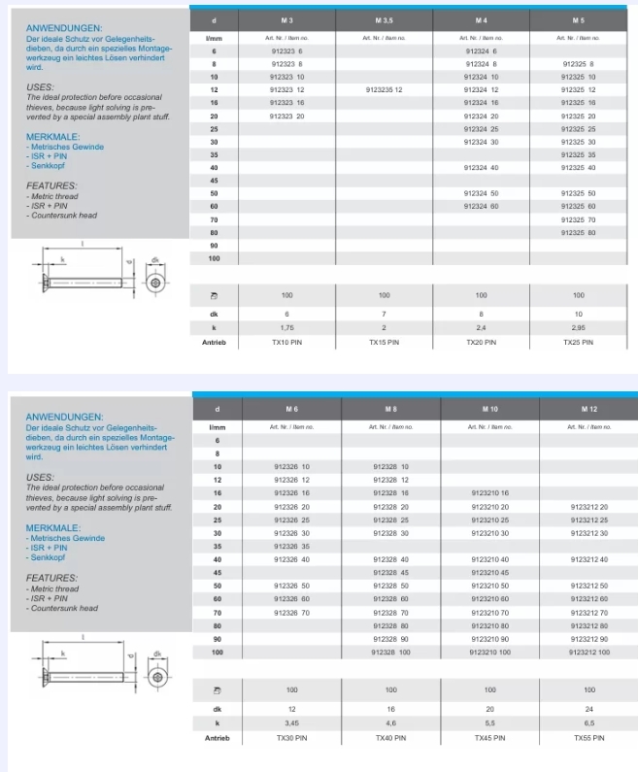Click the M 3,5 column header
(x=384, y=19)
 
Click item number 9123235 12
(x=384, y=89)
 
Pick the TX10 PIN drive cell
(x=286, y=342)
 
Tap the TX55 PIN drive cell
(x=589, y=738)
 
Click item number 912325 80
(x=578, y=232)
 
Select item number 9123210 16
(x=489, y=493)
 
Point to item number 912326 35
(x=291, y=546)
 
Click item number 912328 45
(x=390, y=572)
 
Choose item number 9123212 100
(x=589, y=652)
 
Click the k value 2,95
(x=578, y=327)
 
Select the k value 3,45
(x=291, y=723)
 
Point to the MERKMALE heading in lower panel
(x=52, y=526)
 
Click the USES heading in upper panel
(x=40, y=87)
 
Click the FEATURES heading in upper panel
(x=51, y=185)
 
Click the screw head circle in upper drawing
(x=156, y=281)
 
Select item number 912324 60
(x=481, y=207)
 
